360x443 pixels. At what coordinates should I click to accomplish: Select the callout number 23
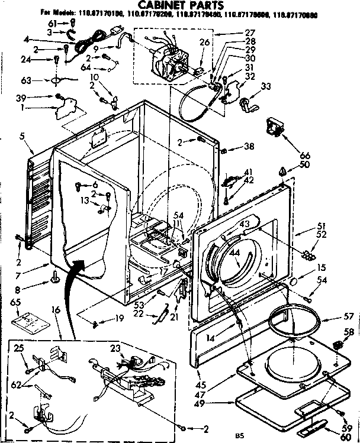point(115,347)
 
